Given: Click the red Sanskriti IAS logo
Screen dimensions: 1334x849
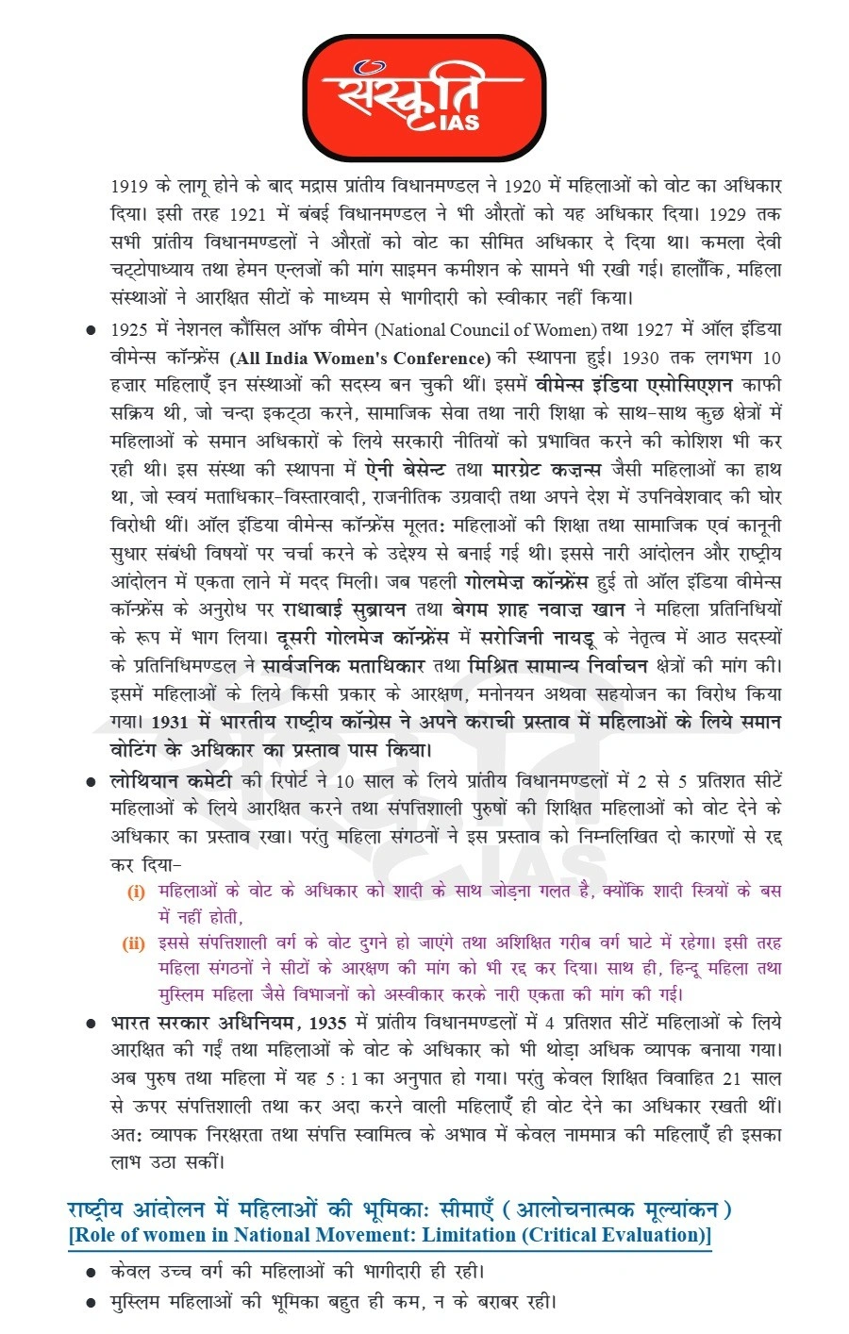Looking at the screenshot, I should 424,96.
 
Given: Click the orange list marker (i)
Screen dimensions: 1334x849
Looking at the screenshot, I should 137,892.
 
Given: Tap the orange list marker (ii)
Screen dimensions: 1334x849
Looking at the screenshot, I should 134,942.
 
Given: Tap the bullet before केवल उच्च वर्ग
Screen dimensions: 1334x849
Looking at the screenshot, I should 92,1272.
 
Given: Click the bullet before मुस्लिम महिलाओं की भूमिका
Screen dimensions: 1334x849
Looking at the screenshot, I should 92,1303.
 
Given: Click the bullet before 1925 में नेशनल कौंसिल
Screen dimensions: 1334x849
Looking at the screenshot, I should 92,330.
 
